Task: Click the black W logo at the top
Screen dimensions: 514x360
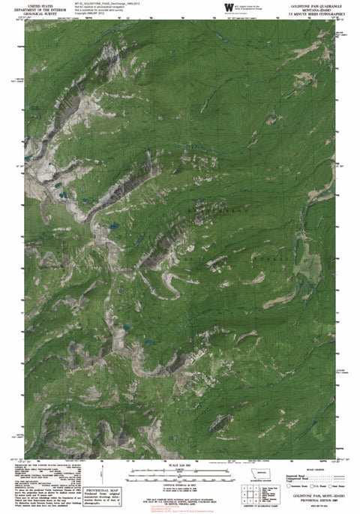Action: (228, 7)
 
